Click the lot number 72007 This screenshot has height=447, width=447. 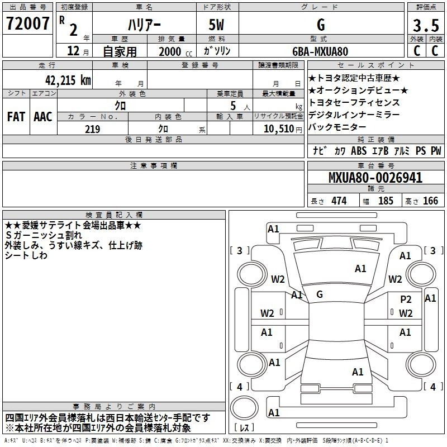[x=27, y=23]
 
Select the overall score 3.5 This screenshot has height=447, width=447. [x=426, y=25]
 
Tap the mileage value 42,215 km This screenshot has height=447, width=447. [x=68, y=80]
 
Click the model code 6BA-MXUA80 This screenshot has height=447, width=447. [x=320, y=51]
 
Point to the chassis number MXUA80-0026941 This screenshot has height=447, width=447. [x=375, y=178]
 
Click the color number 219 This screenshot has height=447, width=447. [x=92, y=129]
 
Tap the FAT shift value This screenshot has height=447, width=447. [x=16, y=117]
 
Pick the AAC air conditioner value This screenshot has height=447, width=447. [x=43, y=117]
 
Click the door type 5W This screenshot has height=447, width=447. [x=216, y=25]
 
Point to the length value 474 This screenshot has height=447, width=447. [x=339, y=201]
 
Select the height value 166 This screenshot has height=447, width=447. [x=430, y=201]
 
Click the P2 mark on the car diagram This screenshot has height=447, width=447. [x=406, y=299]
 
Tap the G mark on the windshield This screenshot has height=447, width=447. [x=320, y=294]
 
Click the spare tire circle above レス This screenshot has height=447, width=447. [x=244, y=408]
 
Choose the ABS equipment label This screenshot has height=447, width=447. [x=359, y=150]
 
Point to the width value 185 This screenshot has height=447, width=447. [x=386, y=201]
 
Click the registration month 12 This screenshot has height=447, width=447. [x=73, y=51]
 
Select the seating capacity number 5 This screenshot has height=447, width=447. [x=233, y=106]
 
